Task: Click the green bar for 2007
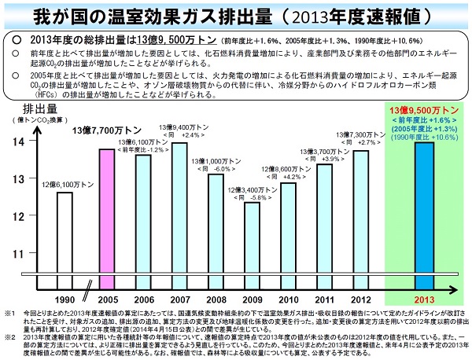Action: pyautogui.click(x=179, y=207)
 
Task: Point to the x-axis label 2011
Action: pyautogui.click(x=323, y=299)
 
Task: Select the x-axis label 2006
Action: pyautogui.click(x=143, y=299)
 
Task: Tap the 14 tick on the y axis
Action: pyautogui.click(x=20, y=140)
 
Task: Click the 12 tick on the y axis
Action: pyautogui.click(x=20, y=215)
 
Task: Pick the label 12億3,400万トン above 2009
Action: pyautogui.click(x=252, y=190)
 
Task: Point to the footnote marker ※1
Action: pyautogui.click(x=9, y=312)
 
